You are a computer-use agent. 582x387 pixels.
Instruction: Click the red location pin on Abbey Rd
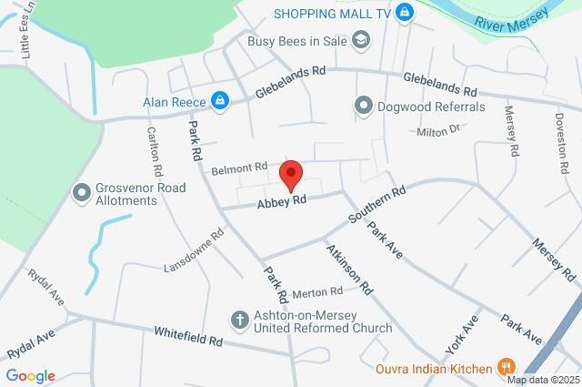[291, 173]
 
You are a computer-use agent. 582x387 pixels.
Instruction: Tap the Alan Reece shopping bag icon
[219, 100]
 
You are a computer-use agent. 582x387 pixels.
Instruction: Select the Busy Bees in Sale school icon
[362, 40]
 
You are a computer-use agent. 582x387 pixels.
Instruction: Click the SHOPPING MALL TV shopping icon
[406, 13]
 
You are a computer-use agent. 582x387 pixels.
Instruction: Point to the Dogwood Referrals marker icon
[364, 107]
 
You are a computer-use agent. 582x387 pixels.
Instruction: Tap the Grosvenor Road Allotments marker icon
[84, 194]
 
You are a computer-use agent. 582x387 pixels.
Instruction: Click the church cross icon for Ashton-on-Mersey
[238, 321]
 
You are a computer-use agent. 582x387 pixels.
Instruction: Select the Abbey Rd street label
[281, 202]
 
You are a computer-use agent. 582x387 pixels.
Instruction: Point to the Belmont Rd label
[240, 168]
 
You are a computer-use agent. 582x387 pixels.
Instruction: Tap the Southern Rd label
[376, 207]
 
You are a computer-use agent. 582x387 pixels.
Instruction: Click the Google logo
[30, 375]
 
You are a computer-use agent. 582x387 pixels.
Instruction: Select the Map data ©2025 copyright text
[543, 380]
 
